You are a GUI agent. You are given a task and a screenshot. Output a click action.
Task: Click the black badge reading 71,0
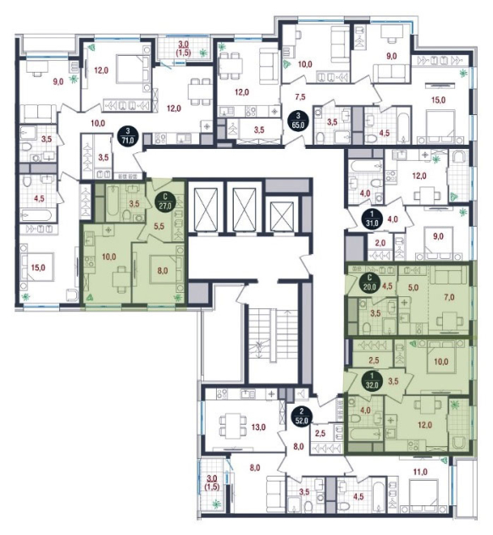(128, 136)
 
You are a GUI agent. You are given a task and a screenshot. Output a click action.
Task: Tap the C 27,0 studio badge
(165, 201)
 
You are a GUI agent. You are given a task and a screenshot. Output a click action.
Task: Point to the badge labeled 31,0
(372, 219)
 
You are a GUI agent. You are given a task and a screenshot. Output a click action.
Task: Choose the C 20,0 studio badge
(368, 283)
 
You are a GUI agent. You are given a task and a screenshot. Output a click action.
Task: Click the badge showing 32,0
(372, 381)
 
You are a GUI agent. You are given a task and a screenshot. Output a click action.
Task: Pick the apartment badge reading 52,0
(301, 416)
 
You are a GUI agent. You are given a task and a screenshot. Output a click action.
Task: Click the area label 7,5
(300, 97)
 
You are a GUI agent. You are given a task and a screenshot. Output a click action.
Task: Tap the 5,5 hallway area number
(159, 226)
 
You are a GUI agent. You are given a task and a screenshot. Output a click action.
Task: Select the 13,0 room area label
(258, 427)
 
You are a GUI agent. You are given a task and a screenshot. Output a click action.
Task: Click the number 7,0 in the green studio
(449, 297)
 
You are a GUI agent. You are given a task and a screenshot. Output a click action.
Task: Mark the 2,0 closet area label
(380, 243)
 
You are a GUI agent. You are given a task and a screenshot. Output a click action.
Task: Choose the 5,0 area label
(413, 288)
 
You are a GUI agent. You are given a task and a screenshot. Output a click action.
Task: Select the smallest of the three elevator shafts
(282, 217)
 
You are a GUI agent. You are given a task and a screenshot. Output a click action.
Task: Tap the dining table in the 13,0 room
(232, 424)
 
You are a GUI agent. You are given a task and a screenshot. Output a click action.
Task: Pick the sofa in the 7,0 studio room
(448, 275)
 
